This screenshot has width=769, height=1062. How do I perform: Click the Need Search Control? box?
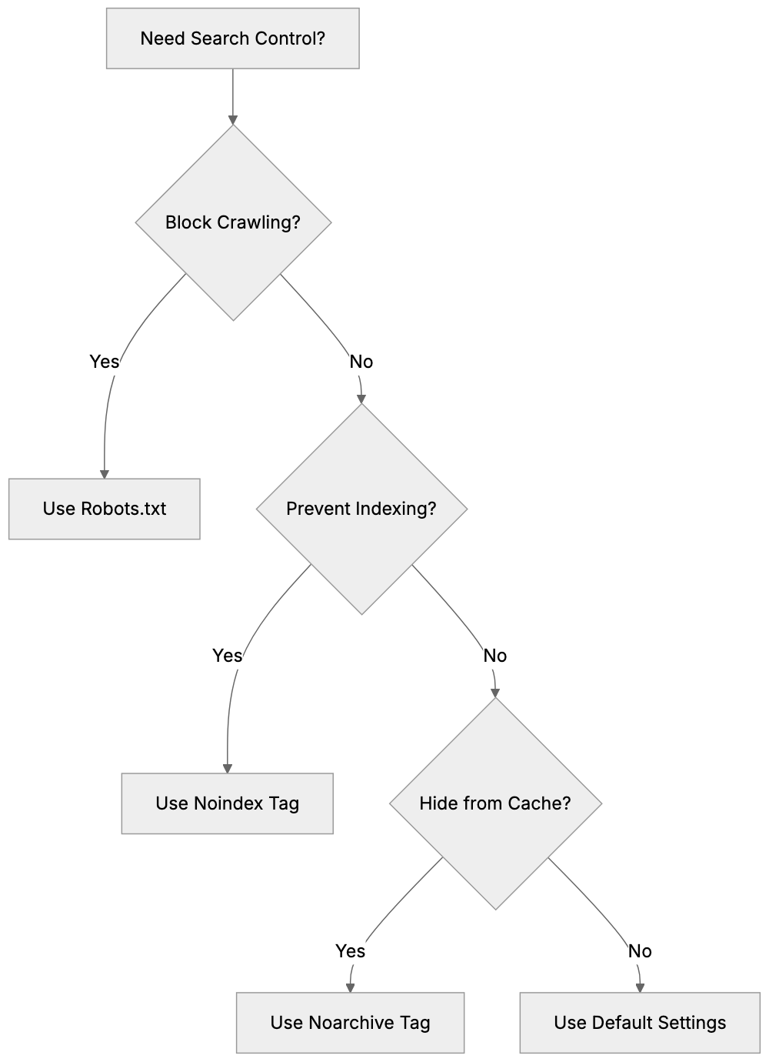tap(232, 38)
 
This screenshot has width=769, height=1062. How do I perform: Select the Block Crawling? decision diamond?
tap(233, 222)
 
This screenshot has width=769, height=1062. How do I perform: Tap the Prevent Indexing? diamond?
tap(361, 509)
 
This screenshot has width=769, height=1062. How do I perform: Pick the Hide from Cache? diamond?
tap(495, 803)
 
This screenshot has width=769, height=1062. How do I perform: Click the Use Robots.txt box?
tap(104, 509)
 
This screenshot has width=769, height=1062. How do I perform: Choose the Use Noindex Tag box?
tap(227, 803)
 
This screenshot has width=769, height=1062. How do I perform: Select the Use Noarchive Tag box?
tap(350, 1023)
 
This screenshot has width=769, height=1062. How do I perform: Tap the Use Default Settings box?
tap(640, 1023)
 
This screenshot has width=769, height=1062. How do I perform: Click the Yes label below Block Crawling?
tap(105, 361)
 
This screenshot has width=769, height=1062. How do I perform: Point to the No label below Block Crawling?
tap(361, 361)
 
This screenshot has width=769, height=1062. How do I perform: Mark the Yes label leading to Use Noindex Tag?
tap(227, 655)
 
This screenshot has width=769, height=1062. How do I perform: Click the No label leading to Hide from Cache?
tap(495, 656)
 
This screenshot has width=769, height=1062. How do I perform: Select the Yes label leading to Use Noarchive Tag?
tap(350, 951)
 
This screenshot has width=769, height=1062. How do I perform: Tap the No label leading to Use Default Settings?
tap(640, 951)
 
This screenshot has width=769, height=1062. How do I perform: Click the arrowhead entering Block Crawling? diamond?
tap(233, 120)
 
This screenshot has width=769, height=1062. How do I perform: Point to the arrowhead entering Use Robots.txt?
tap(104, 474)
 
